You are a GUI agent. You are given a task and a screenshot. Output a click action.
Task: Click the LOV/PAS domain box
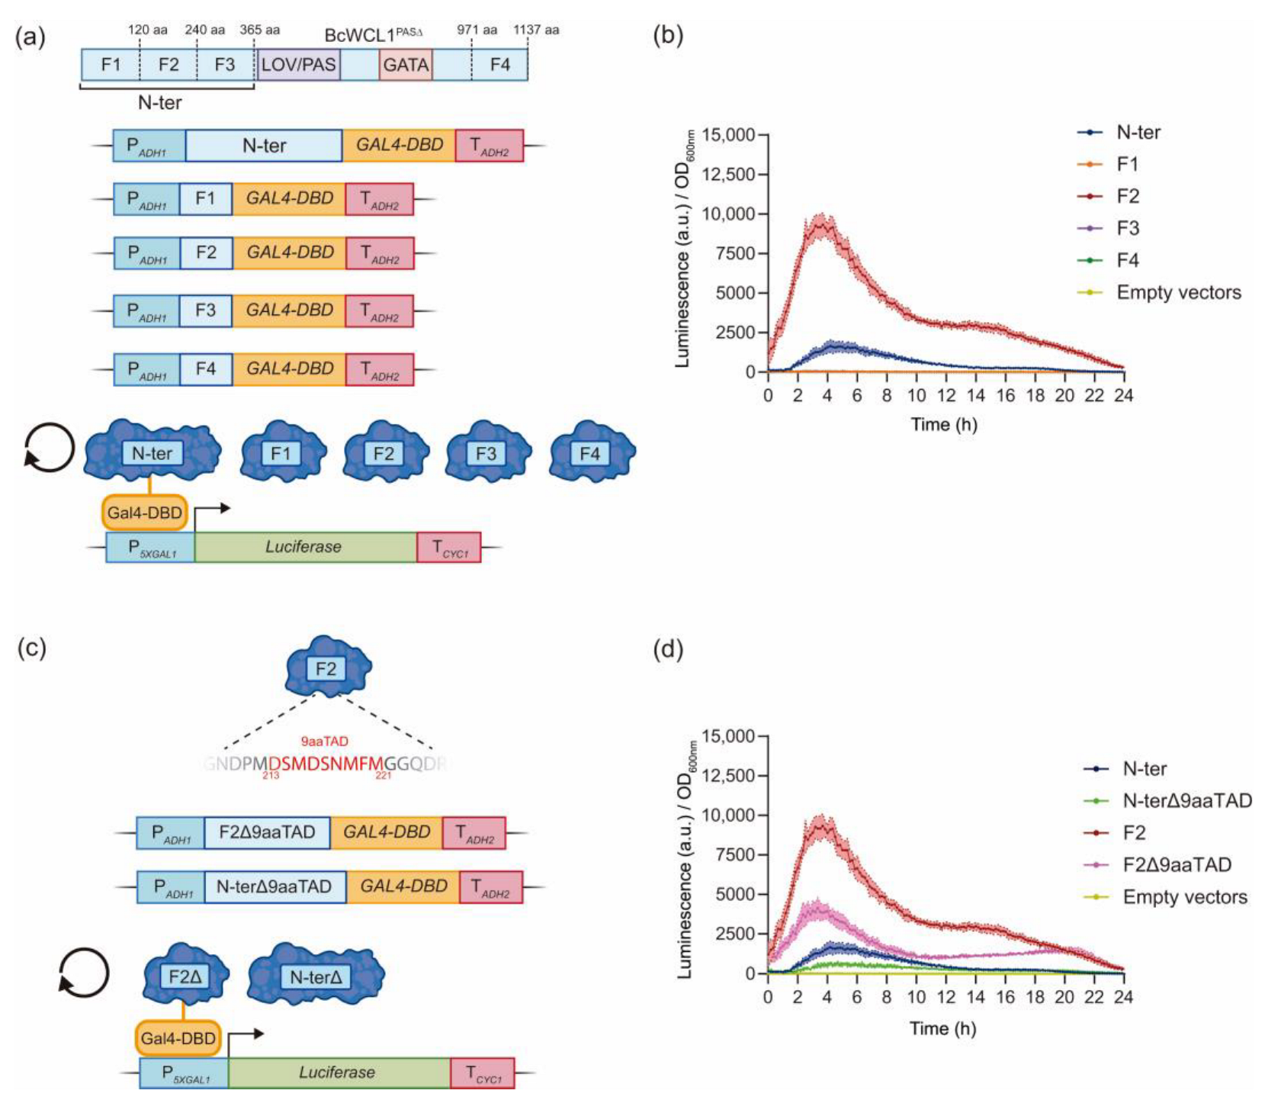(299, 65)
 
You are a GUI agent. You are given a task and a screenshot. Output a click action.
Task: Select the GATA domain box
(406, 65)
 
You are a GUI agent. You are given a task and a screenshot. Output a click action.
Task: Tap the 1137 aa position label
(536, 30)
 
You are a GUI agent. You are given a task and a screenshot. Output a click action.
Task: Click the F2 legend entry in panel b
(1127, 196)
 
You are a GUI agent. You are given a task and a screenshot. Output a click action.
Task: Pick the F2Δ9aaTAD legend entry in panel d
(1177, 864)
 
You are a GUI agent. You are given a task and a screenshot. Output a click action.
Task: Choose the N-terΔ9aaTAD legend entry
(1186, 800)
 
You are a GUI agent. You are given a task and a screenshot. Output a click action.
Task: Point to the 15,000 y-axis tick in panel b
(728, 135)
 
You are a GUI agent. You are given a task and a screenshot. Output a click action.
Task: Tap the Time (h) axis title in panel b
(944, 425)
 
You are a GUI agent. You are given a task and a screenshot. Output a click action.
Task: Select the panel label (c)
(31, 648)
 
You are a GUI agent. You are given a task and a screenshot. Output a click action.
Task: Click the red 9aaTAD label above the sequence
(325, 741)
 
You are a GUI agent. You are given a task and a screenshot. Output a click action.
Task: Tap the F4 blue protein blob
(591, 453)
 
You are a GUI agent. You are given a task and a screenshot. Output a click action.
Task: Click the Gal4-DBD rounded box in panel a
(145, 513)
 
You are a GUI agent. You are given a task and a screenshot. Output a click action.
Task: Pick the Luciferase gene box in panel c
(338, 1072)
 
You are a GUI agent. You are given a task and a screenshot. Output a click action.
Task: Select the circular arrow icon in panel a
(50, 446)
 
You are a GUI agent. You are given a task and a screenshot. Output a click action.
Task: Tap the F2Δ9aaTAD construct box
(267, 832)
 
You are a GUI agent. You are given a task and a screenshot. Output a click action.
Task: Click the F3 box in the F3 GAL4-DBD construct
(206, 310)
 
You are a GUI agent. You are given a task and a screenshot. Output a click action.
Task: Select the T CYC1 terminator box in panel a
(448, 547)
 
